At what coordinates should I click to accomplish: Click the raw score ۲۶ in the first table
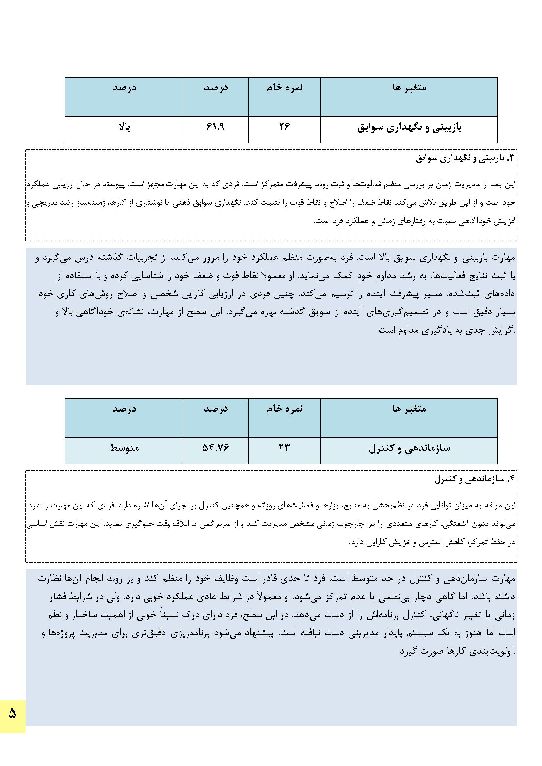(x=284, y=127)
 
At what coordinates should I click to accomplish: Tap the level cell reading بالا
(x=124, y=127)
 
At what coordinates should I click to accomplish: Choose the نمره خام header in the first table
(x=285, y=87)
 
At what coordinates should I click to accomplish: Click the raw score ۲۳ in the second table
(x=284, y=448)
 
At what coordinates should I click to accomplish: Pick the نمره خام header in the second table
(x=285, y=408)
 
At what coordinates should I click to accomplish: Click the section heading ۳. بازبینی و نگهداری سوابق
(x=466, y=159)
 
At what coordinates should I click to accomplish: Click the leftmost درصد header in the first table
(x=124, y=87)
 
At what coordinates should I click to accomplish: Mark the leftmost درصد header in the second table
(x=124, y=408)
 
